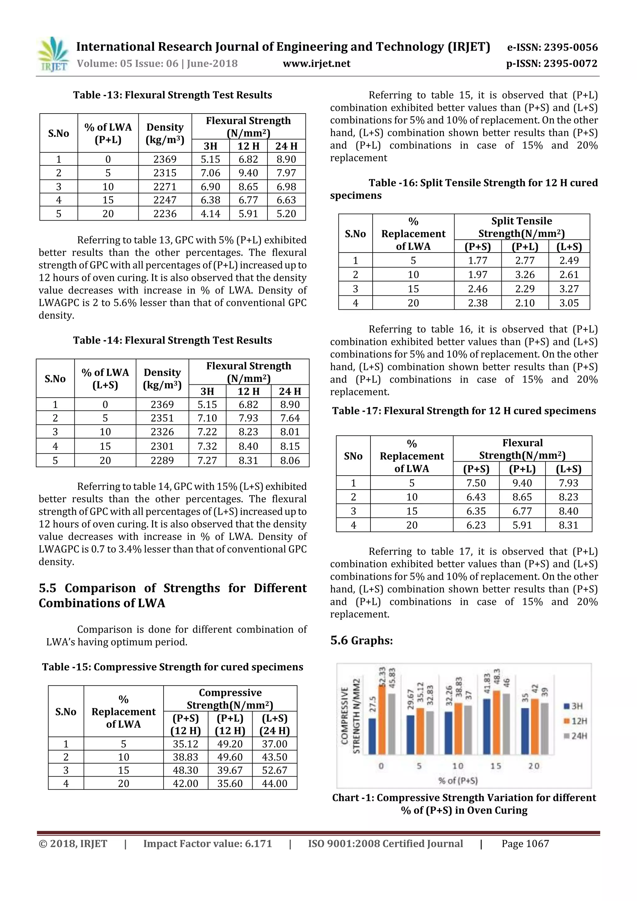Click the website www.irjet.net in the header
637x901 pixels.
pyautogui.click(x=316, y=63)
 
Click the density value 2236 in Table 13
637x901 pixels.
pyautogui.click(x=165, y=214)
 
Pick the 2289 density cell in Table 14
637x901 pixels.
pyautogui.click(x=162, y=460)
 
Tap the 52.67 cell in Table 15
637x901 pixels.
pyautogui.click(x=274, y=770)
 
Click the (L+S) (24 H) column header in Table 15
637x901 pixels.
pyautogui.click(x=274, y=724)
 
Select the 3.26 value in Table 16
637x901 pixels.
pyautogui.click(x=525, y=275)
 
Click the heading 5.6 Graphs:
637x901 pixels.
pyautogui.click(x=361, y=641)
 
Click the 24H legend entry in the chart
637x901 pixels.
pyautogui.click(x=575, y=736)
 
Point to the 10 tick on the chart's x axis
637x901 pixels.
pyautogui.click(x=458, y=766)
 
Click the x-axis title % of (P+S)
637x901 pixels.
pyautogui.click(x=458, y=781)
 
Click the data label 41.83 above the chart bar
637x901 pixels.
pyautogui.click(x=487, y=684)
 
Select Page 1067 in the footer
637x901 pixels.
pyautogui.click(x=525, y=844)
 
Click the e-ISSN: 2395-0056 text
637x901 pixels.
pyautogui.click(x=552, y=48)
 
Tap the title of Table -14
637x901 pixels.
pyautogui.click(x=172, y=340)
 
